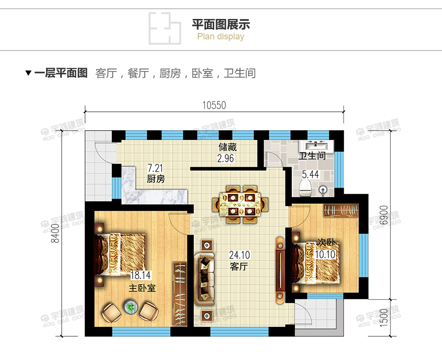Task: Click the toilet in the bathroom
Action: coord(306,187)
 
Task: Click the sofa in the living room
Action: coord(204,279)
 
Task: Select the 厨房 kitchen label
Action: coord(156,179)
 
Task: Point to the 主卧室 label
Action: coord(142,288)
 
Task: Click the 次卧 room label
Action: coord(326,242)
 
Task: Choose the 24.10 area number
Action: coord(239,255)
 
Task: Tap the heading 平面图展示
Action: coord(221,24)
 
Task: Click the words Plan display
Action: coord(221,36)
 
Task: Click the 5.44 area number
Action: coord(310,174)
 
